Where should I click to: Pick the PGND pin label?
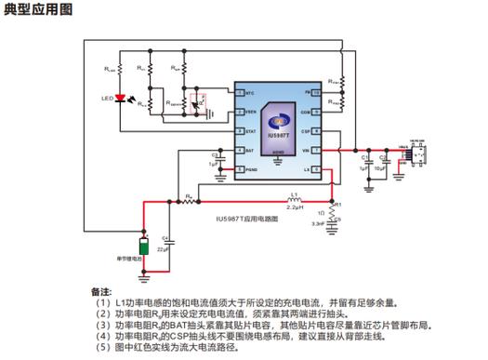pos(251,170)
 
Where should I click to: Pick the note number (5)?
pos(101,346)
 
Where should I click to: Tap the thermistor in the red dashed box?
pos(196,100)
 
